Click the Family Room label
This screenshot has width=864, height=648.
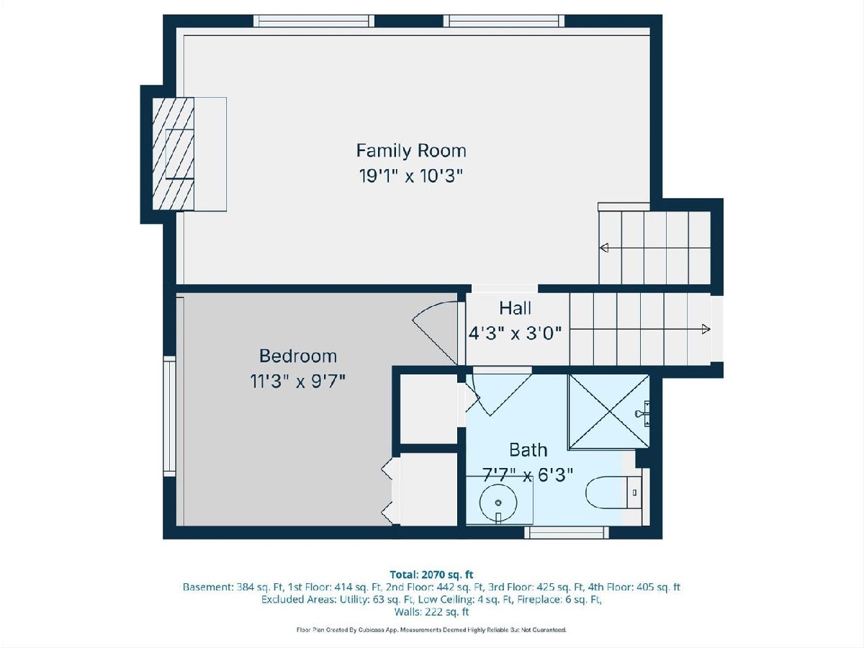pos(411,150)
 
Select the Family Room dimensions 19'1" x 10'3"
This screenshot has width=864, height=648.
pos(410,176)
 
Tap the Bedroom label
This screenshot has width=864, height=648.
pos(298,356)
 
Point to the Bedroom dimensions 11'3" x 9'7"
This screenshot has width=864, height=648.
pos(297,381)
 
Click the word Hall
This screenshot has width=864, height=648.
pos(516,308)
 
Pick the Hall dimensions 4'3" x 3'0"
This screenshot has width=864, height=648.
pos(515,333)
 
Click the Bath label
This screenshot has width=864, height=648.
pos(528,450)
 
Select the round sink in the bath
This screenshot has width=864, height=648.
pos(498,503)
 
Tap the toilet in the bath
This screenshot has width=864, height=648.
pos(614,492)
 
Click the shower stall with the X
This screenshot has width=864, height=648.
pos(608,412)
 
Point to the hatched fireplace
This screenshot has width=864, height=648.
pos(174,154)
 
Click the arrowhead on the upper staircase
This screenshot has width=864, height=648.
pos(604,248)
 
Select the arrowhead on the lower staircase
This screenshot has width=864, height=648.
pos(706,329)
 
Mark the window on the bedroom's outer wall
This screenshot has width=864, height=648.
pos(169,416)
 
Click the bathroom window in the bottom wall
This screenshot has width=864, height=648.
pos(567,533)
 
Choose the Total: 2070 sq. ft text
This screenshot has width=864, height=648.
pos(431,575)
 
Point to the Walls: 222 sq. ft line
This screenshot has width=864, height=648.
pos(431,612)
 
